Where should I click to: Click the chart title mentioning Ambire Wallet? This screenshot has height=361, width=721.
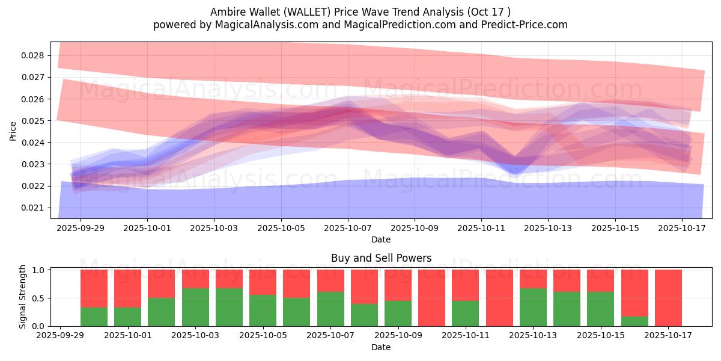pyautogui.click(x=360, y=11)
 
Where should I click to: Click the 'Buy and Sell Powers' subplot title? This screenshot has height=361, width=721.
pyautogui.click(x=381, y=258)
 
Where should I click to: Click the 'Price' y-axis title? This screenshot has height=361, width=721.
pyautogui.click(x=13, y=131)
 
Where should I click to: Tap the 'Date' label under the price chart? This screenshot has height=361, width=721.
pyautogui.click(x=381, y=239)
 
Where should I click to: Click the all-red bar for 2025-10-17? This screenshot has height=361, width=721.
pyautogui.click(x=668, y=298)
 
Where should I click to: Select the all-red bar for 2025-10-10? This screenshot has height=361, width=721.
pyautogui.click(x=431, y=298)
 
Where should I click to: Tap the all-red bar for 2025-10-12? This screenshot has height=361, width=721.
pyautogui.click(x=499, y=298)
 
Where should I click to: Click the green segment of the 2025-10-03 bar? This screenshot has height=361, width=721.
pyautogui.click(x=195, y=307)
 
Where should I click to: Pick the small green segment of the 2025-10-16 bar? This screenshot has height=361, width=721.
pyautogui.click(x=634, y=321)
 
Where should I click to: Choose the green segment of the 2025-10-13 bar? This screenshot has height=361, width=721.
pyautogui.click(x=533, y=307)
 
